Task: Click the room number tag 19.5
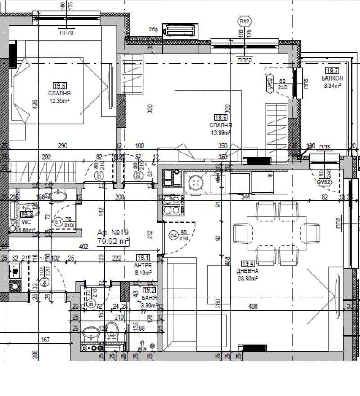(x=59, y=86)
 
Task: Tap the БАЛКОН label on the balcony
(x=332, y=78)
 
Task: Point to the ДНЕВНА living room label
(x=248, y=271)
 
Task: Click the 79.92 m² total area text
(x=113, y=241)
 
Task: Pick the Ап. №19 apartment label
(x=113, y=233)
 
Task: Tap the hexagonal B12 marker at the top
(x=245, y=21)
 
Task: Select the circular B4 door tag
(x=173, y=234)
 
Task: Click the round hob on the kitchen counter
(x=196, y=182)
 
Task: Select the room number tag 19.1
(x=144, y=258)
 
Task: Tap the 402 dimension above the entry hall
(x=83, y=247)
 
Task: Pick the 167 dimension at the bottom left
(x=45, y=340)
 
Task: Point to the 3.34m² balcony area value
(x=332, y=86)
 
